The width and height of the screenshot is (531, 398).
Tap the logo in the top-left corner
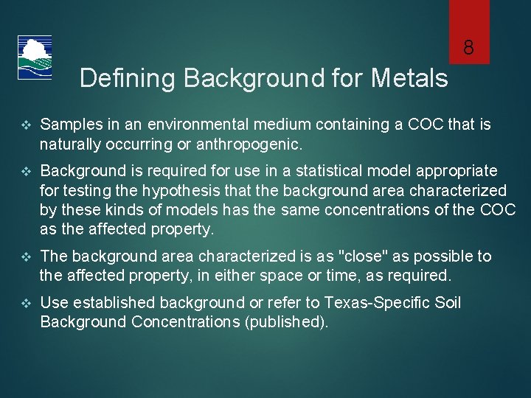coord(34,58)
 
